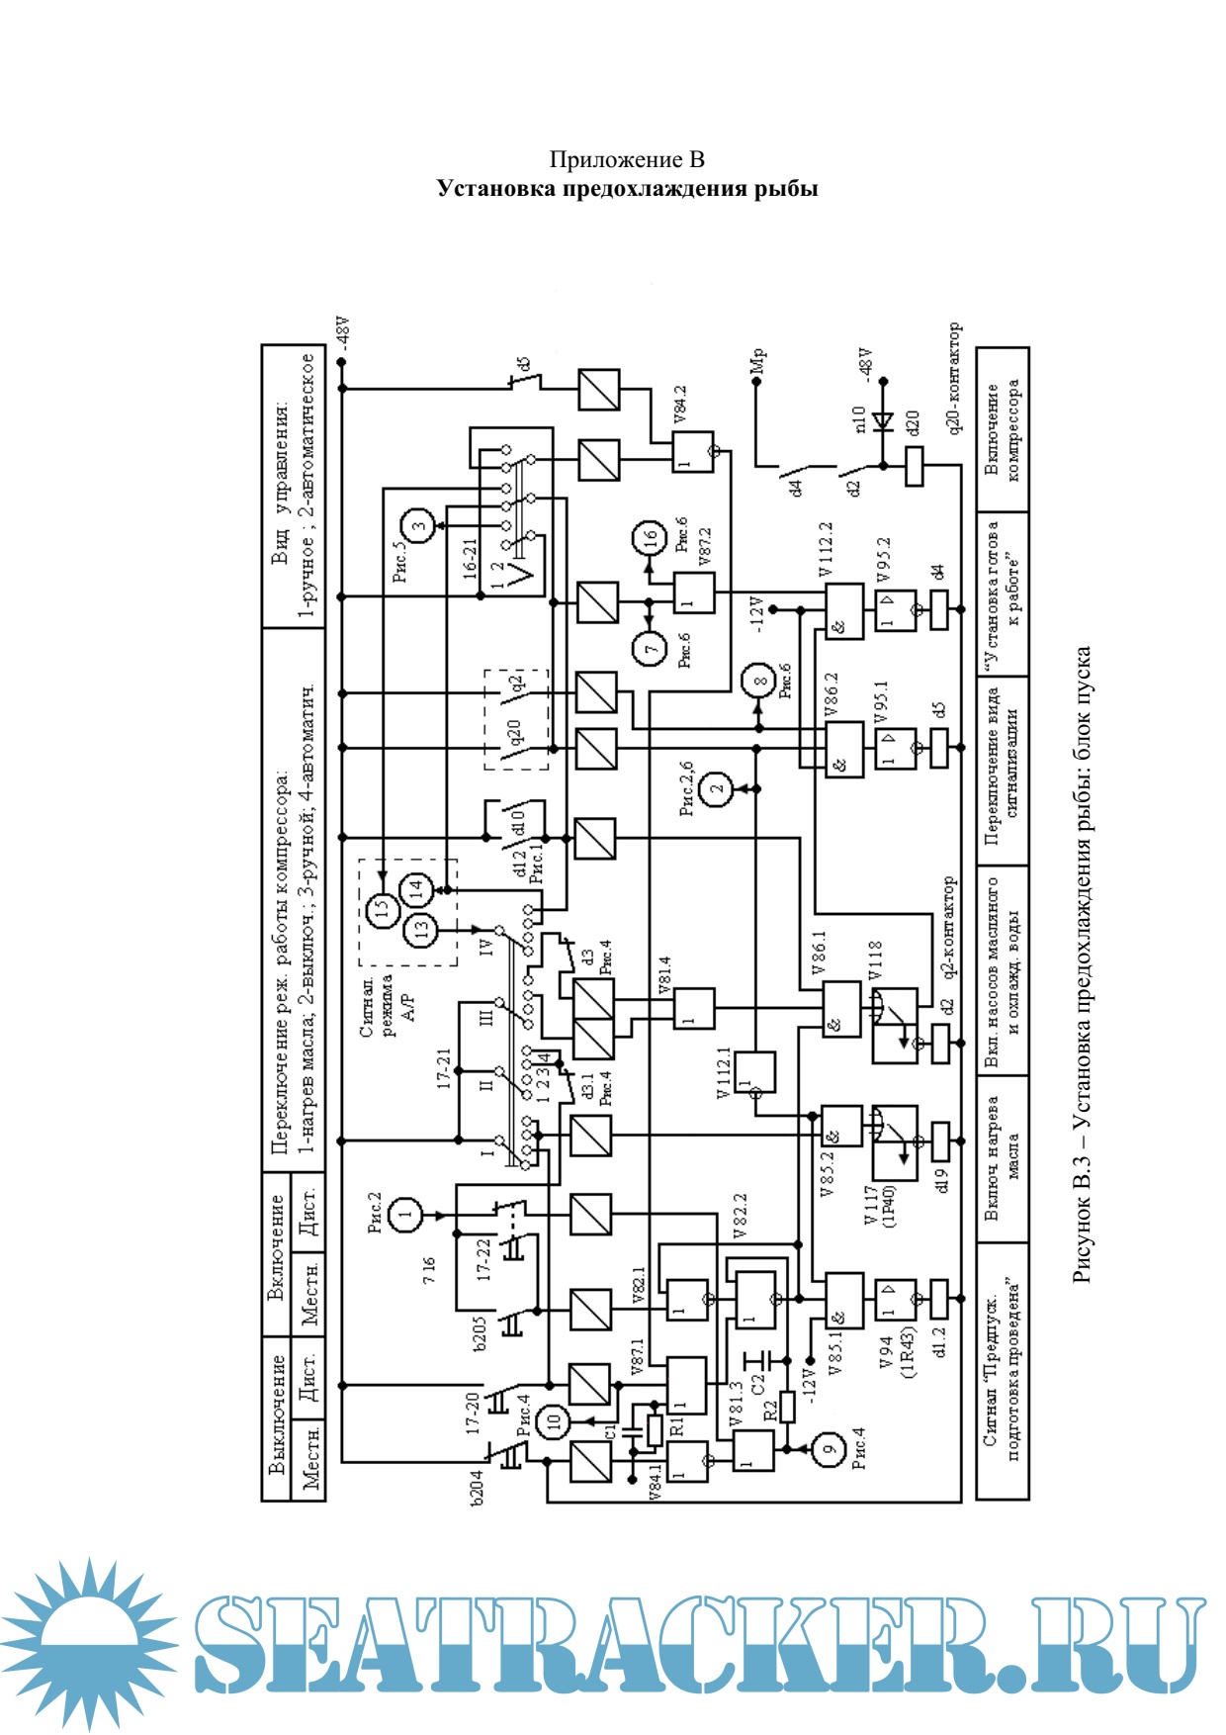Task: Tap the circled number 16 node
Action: (x=649, y=538)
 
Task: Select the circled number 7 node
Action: (x=651, y=650)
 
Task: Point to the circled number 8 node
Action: (x=758, y=682)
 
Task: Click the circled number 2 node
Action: (x=719, y=788)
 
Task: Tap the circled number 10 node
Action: (x=554, y=1421)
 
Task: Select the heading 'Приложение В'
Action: (x=627, y=159)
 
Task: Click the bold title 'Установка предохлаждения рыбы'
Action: (x=627, y=188)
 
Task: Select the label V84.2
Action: (x=679, y=405)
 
